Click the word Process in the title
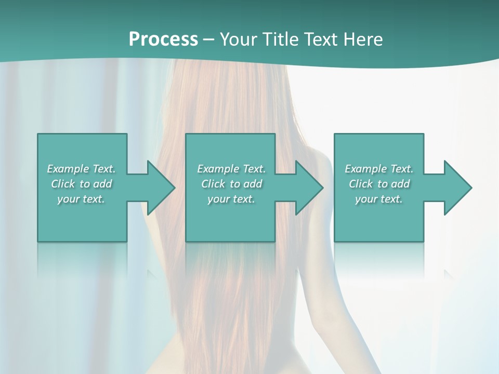[x=163, y=39]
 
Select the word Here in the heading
[x=362, y=39]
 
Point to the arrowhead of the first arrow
[x=162, y=188]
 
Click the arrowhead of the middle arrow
[x=310, y=188]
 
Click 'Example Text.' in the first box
[x=82, y=169]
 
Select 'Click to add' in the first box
[x=82, y=184]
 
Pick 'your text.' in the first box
[x=82, y=199]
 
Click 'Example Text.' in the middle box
[x=231, y=169]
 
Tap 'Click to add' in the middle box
[x=231, y=184]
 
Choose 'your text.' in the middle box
[x=231, y=199]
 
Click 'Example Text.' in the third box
[x=379, y=169]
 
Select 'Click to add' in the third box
[x=379, y=184]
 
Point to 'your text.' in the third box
[x=379, y=199]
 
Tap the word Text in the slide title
[x=321, y=39]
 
